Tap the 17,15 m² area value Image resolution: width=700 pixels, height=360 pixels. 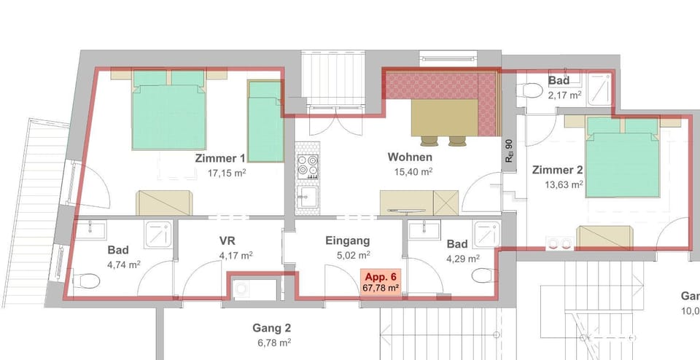(228, 173)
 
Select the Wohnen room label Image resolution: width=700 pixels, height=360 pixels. (410, 157)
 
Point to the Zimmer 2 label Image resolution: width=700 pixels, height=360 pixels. (557, 170)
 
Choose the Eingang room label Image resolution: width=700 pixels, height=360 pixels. (348, 240)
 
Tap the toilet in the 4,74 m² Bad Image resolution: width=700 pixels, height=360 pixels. (87, 280)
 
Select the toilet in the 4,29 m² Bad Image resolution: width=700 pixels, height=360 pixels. (482, 275)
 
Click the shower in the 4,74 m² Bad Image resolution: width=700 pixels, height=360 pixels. (157, 234)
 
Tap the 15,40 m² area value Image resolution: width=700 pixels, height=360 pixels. (411, 172)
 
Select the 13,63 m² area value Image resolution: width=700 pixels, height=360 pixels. (564, 185)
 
